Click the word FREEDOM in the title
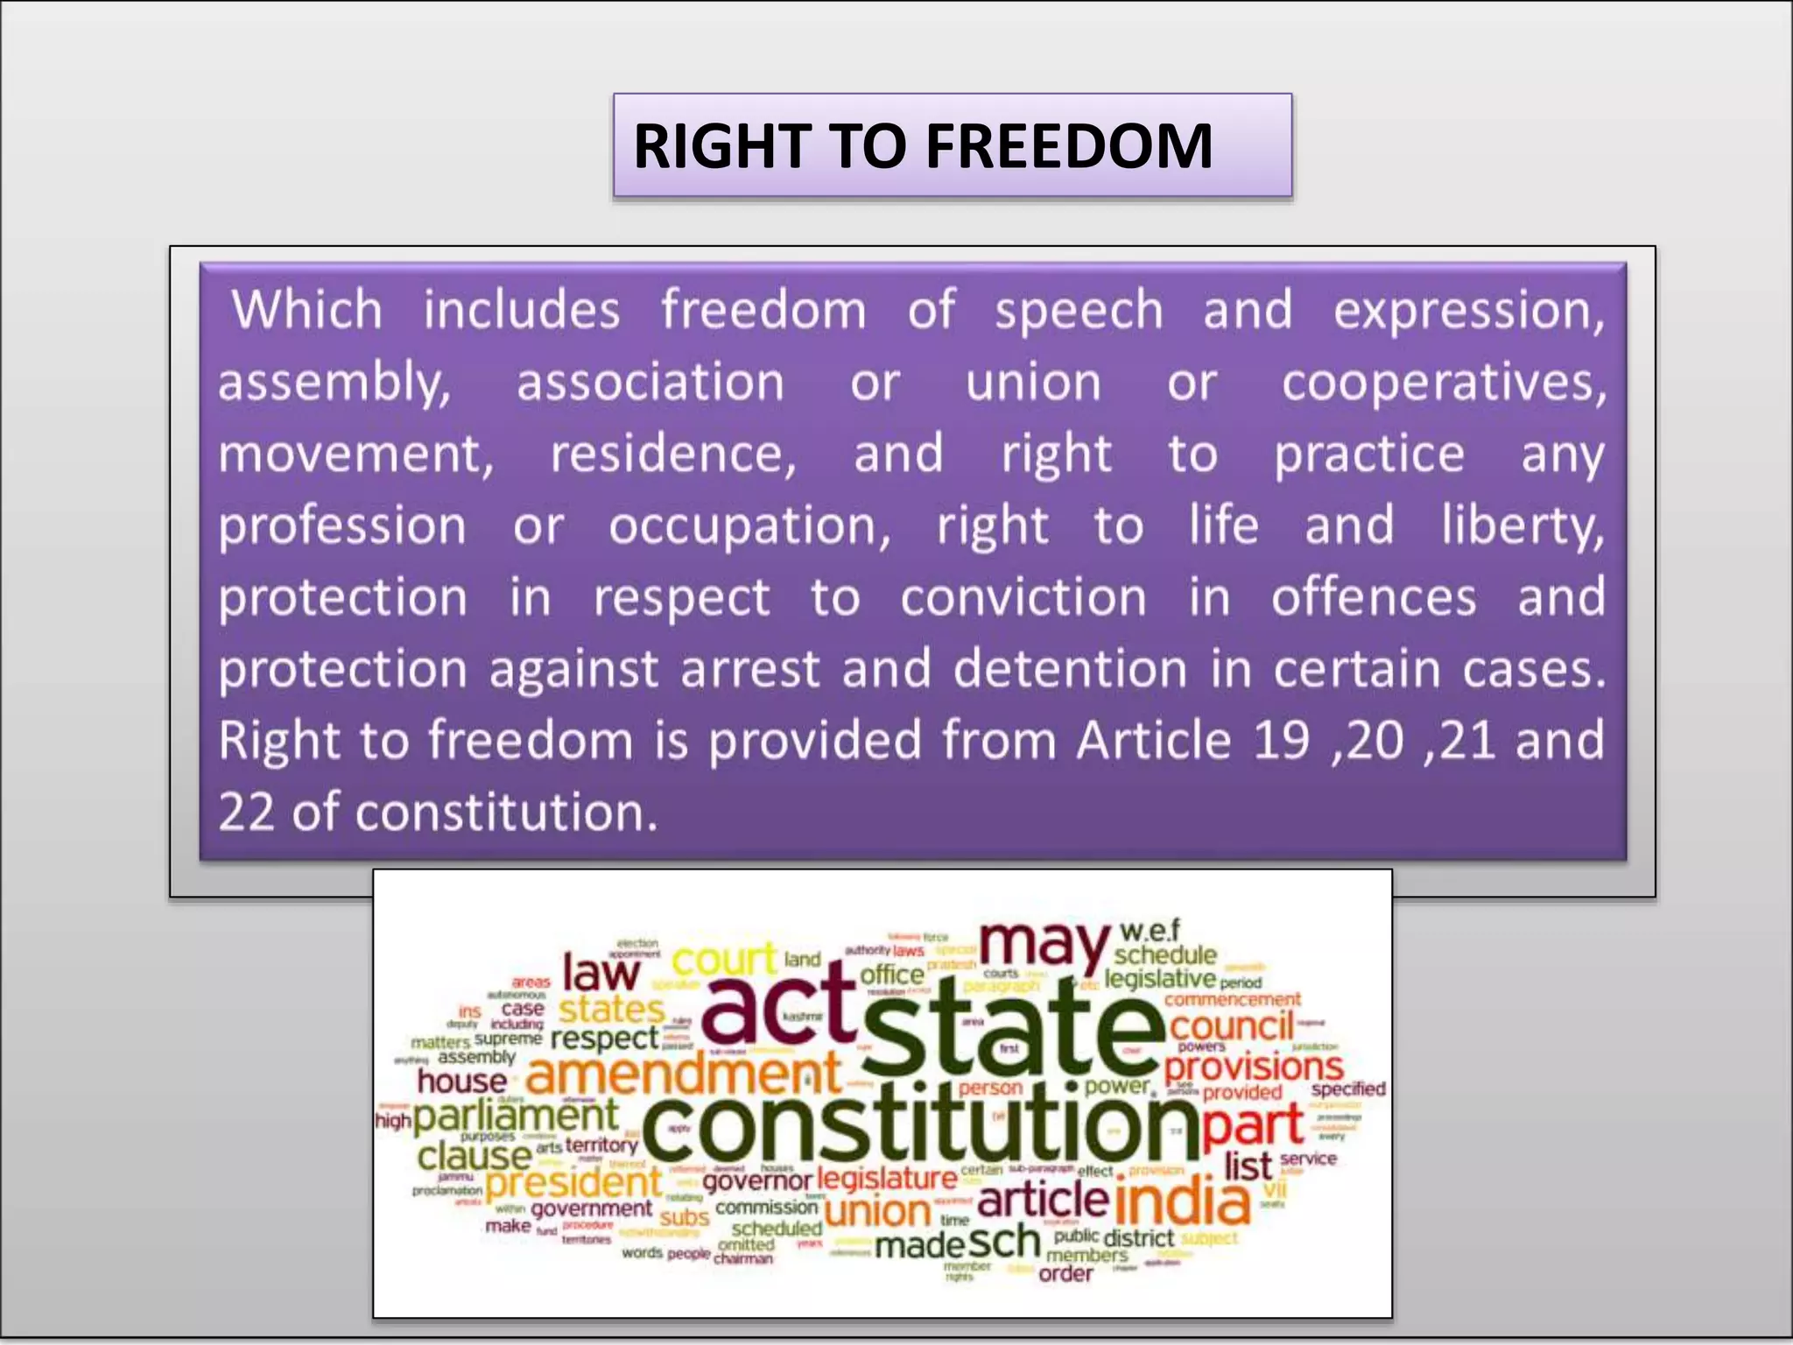[x=1069, y=145]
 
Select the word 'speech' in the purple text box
[x=1078, y=312]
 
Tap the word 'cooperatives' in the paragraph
[x=1443, y=384]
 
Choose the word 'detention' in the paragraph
[x=1069, y=669]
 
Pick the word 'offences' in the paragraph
[x=1373, y=598]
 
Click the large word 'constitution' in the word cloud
[x=919, y=1125]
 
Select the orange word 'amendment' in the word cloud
[x=683, y=1074]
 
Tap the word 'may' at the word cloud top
[x=1044, y=946]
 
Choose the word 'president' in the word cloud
[x=573, y=1183]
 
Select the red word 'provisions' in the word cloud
[x=1253, y=1067]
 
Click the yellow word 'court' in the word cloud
[x=724, y=959]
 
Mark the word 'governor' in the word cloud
[x=757, y=1181]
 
